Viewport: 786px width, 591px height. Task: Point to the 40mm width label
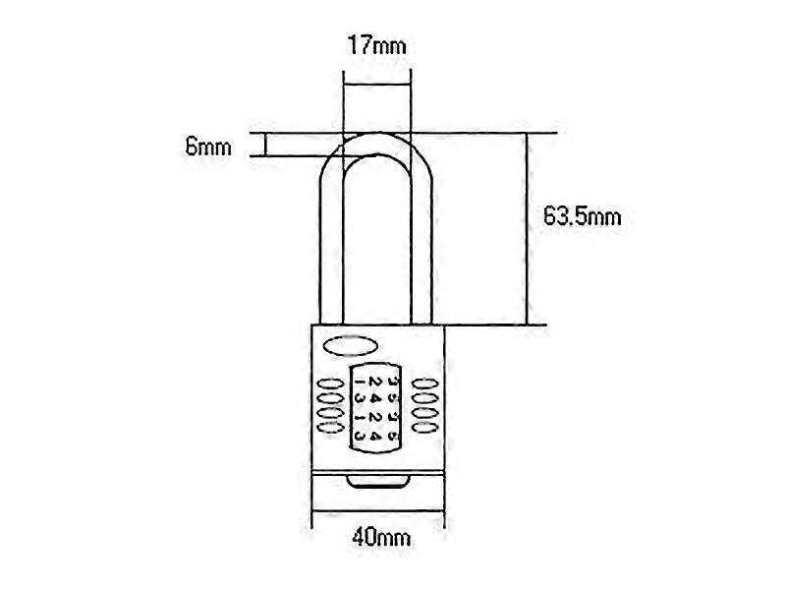coord(378,538)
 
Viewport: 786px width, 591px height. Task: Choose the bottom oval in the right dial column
coord(424,430)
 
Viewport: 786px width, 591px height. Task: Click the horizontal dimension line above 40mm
coord(378,517)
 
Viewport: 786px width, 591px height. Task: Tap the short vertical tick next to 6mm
coord(265,145)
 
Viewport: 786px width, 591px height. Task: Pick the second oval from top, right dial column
coord(424,397)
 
